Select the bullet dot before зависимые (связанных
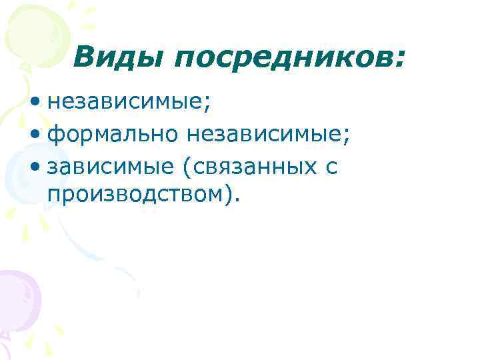(35, 167)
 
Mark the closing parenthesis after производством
(229, 196)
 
